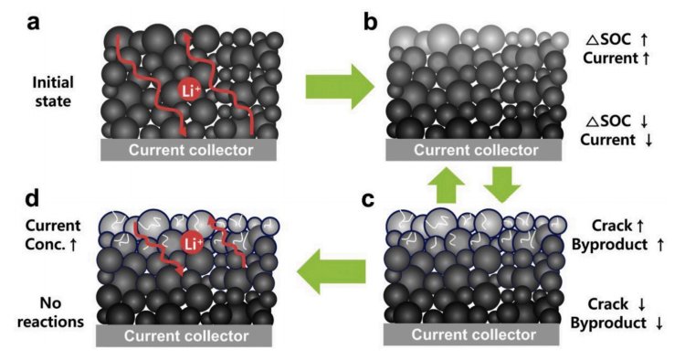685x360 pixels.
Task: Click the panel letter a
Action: (x=33, y=22)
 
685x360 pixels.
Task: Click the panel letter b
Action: (x=370, y=21)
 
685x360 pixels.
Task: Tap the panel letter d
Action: (x=32, y=198)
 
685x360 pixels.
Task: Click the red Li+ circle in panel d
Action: (x=192, y=243)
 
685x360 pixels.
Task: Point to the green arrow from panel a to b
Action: (x=340, y=87)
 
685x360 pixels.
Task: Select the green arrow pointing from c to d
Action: (x=332, y=270)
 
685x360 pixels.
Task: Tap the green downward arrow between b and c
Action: (x=502, y=185)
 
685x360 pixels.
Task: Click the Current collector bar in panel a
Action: (x=188, y=150)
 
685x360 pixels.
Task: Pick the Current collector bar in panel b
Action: (x=473, y=150)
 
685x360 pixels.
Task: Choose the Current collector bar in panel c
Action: (x=471, y=334)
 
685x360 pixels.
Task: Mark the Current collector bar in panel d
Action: (x=184, y=336)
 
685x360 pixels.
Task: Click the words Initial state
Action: (x=53, y=91)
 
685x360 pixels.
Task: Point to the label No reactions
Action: (x=50, y=312)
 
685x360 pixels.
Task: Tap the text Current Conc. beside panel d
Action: (x=52, y=235)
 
